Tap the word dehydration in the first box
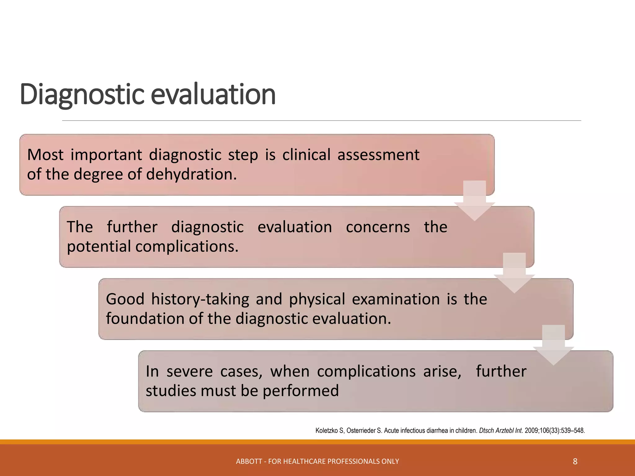pos(191,174)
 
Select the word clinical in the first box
pos(306,155)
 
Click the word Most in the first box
pos(45,155)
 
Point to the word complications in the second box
pos(187,247)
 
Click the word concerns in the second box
pos(378,227)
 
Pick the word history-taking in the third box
pos(200,299)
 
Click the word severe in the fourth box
pos(189,372)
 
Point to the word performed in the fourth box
pos(300,391)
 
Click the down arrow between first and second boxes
pos(474,201)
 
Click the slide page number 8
pos(575,462)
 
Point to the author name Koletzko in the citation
pos(326,431)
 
